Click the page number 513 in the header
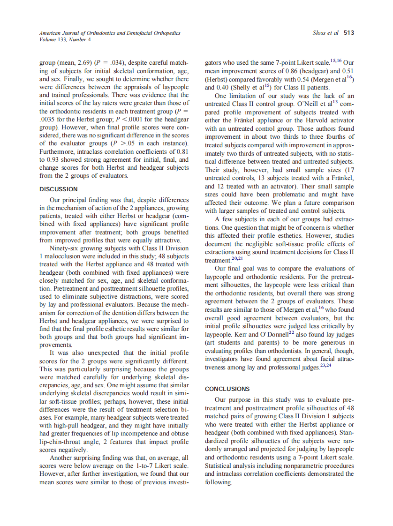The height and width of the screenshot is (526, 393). (348, 33)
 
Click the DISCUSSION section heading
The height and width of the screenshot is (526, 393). (59, 189)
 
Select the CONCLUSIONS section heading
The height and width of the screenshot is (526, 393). (227, 389)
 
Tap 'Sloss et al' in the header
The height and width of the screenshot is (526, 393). (326, 33)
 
